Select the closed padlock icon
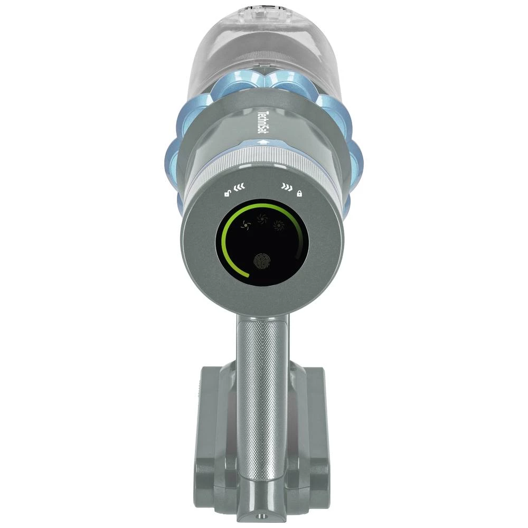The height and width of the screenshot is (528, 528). click(x=299, y=194)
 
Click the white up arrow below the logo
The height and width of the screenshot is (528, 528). click(x=262, y=143)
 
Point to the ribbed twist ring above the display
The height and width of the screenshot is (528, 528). click(x=262, y=164)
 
